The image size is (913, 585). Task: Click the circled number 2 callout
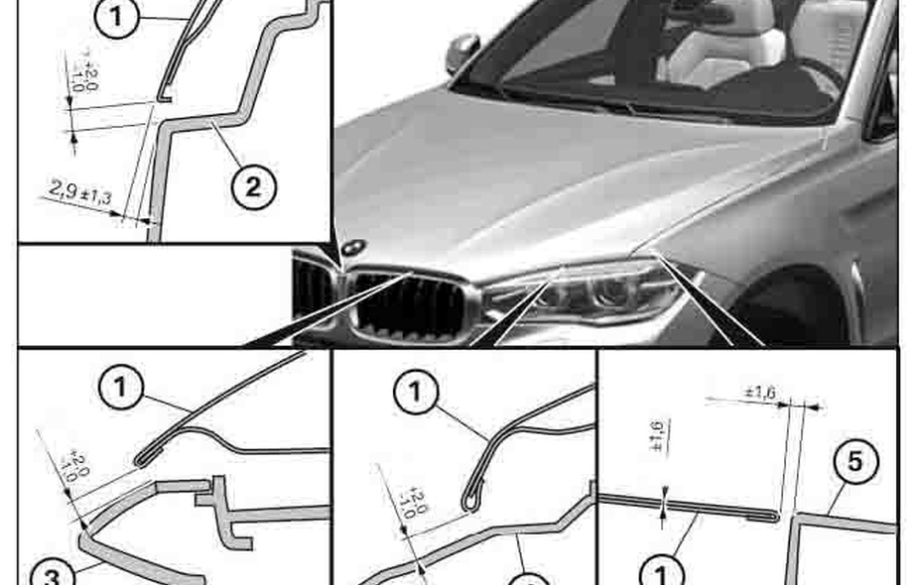tap(253, 186)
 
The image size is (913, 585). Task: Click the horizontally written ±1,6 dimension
tap(762, 393)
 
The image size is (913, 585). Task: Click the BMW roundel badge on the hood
tap(354, 247)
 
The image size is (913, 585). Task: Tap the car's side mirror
tap(461, 51)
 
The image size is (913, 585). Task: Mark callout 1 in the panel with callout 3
tap(120, 388)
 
